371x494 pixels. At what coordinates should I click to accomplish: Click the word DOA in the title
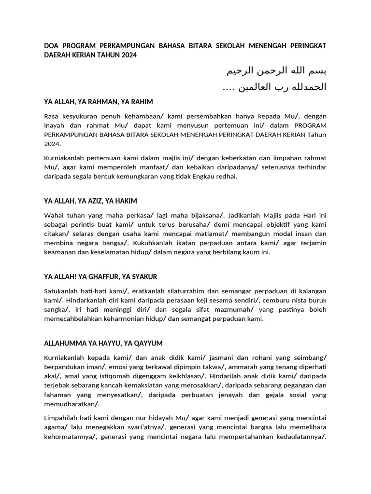(x=52, y=46)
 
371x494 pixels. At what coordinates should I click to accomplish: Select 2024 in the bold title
(x=128, y=55)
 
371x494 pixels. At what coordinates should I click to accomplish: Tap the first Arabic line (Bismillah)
(x=277, y=71)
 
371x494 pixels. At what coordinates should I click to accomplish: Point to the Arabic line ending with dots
(x=274, y=87)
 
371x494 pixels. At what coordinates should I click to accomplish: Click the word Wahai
(x=54, y=215)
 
